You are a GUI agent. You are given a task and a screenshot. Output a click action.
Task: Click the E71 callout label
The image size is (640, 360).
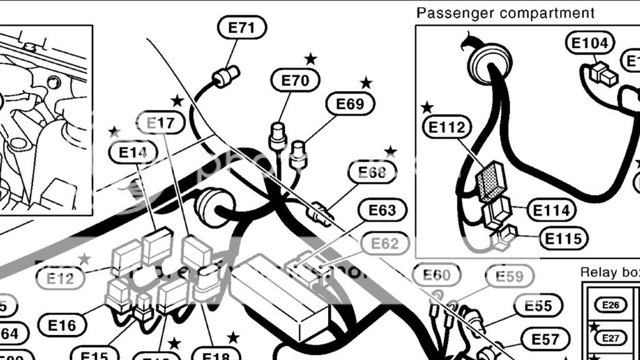click(242, 27)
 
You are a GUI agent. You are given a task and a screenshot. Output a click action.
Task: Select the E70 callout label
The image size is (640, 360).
click(296, 80)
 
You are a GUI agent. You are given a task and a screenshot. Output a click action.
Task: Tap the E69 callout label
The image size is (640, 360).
click(350, 104)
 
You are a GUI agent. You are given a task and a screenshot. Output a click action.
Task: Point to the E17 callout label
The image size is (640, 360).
click(161, 123)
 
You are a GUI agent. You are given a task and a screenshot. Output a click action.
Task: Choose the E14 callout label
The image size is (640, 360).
click(132, 152)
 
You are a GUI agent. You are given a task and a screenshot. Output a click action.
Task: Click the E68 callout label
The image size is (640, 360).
click(372, 172)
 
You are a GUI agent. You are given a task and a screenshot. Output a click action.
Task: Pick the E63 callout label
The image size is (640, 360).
click(382, 211)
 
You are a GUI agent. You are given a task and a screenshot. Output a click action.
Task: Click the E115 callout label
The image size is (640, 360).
click(564, 239)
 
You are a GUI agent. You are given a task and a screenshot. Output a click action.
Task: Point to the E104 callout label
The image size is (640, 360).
click(590, 43)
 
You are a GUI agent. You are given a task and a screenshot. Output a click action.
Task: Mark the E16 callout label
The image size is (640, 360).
click(61, 325)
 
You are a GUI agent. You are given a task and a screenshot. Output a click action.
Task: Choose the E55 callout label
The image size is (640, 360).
click(538, 306)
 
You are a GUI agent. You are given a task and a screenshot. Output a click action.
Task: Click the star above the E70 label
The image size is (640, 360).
click(311, 59)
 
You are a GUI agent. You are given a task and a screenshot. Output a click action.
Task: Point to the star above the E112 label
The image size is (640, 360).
click(427, 107)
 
